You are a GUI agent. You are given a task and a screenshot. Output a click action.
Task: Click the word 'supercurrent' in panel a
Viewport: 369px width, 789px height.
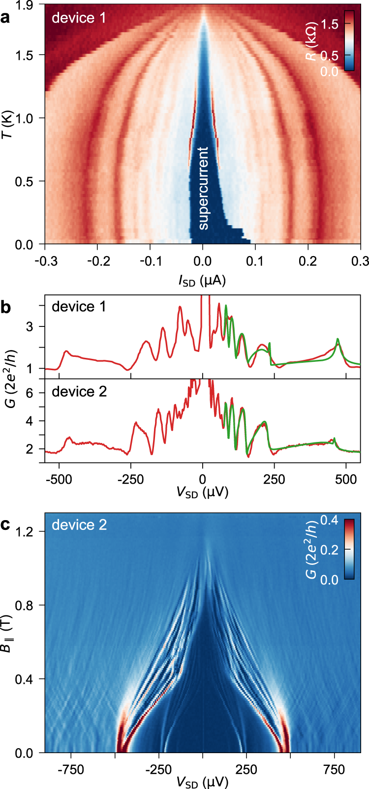pyautogui.click(x=203, y=188)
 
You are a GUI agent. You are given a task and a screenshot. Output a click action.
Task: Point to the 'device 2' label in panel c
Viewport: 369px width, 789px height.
pyautogui.click(x=79, y=525)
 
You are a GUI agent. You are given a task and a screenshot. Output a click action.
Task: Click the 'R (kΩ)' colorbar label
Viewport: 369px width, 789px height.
pyautogui.click(x=311, y=49)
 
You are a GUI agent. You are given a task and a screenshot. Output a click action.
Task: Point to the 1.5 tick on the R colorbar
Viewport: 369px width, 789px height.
pyautogui.click(x=330, y=24)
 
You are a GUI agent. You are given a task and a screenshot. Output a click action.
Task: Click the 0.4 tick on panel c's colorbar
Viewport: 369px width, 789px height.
pyautogui.click(x=330, y=520)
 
